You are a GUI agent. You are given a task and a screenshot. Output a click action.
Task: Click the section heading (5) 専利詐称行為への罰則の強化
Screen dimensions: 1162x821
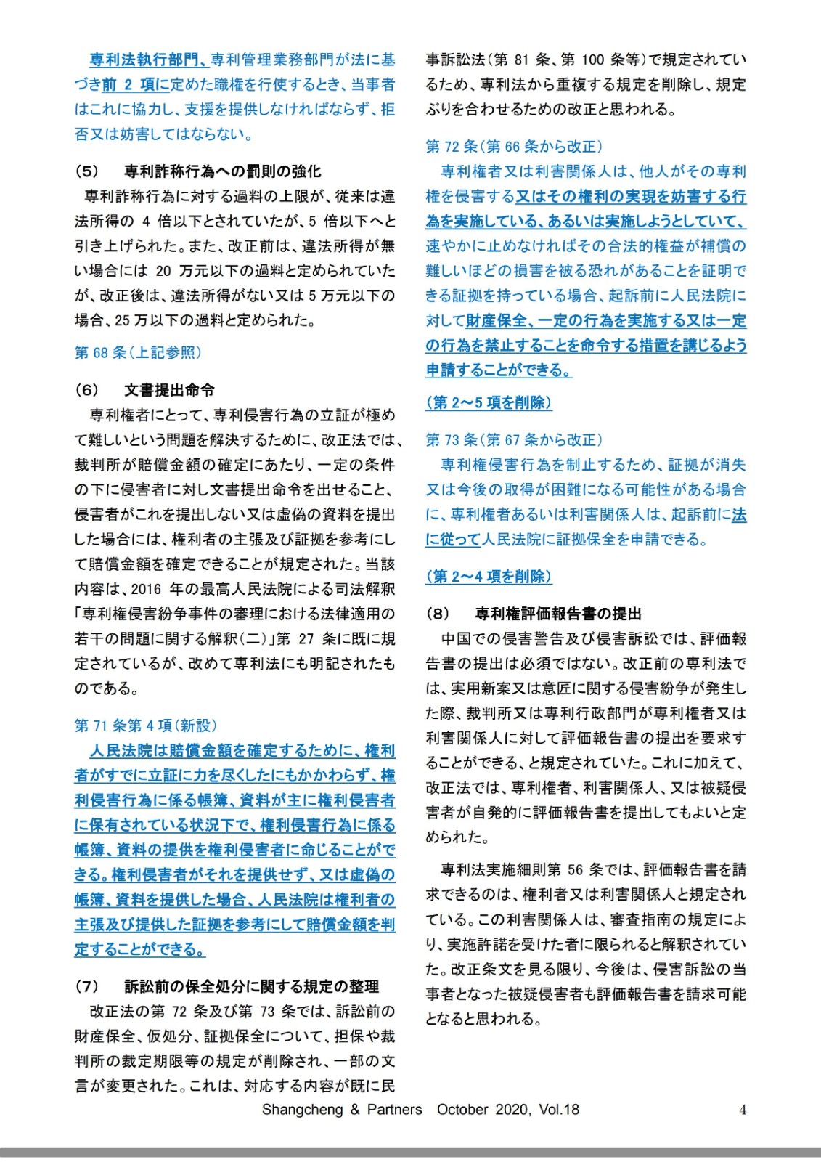[197, 171]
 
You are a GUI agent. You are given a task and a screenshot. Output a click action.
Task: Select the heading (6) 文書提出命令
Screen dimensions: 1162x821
[144, 390]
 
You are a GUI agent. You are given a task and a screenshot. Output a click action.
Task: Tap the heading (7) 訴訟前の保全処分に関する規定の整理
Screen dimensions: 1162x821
[226, 986]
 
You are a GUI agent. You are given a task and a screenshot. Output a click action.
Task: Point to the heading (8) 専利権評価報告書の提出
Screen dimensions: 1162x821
[534, 614]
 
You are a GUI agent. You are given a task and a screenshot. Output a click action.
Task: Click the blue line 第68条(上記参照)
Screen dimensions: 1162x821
[138, 353]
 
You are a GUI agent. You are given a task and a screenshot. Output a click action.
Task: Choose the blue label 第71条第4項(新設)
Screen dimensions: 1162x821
[145, 726]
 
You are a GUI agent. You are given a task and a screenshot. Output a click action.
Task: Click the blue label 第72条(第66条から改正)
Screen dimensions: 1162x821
[514, 147]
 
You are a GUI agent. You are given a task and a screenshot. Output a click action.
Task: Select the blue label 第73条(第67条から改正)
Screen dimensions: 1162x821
[514, 439]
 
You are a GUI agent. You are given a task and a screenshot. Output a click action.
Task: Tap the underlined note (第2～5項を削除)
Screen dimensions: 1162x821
[489, 402]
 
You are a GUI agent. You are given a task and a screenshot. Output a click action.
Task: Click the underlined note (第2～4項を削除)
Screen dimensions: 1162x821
[489, 577]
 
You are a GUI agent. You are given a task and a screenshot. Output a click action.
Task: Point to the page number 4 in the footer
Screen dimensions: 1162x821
[743, 1110]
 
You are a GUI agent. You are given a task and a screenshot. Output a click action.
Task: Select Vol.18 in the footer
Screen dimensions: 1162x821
[559, 1110]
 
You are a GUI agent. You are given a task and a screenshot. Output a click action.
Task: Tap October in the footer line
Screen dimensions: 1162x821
[462, 1110]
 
